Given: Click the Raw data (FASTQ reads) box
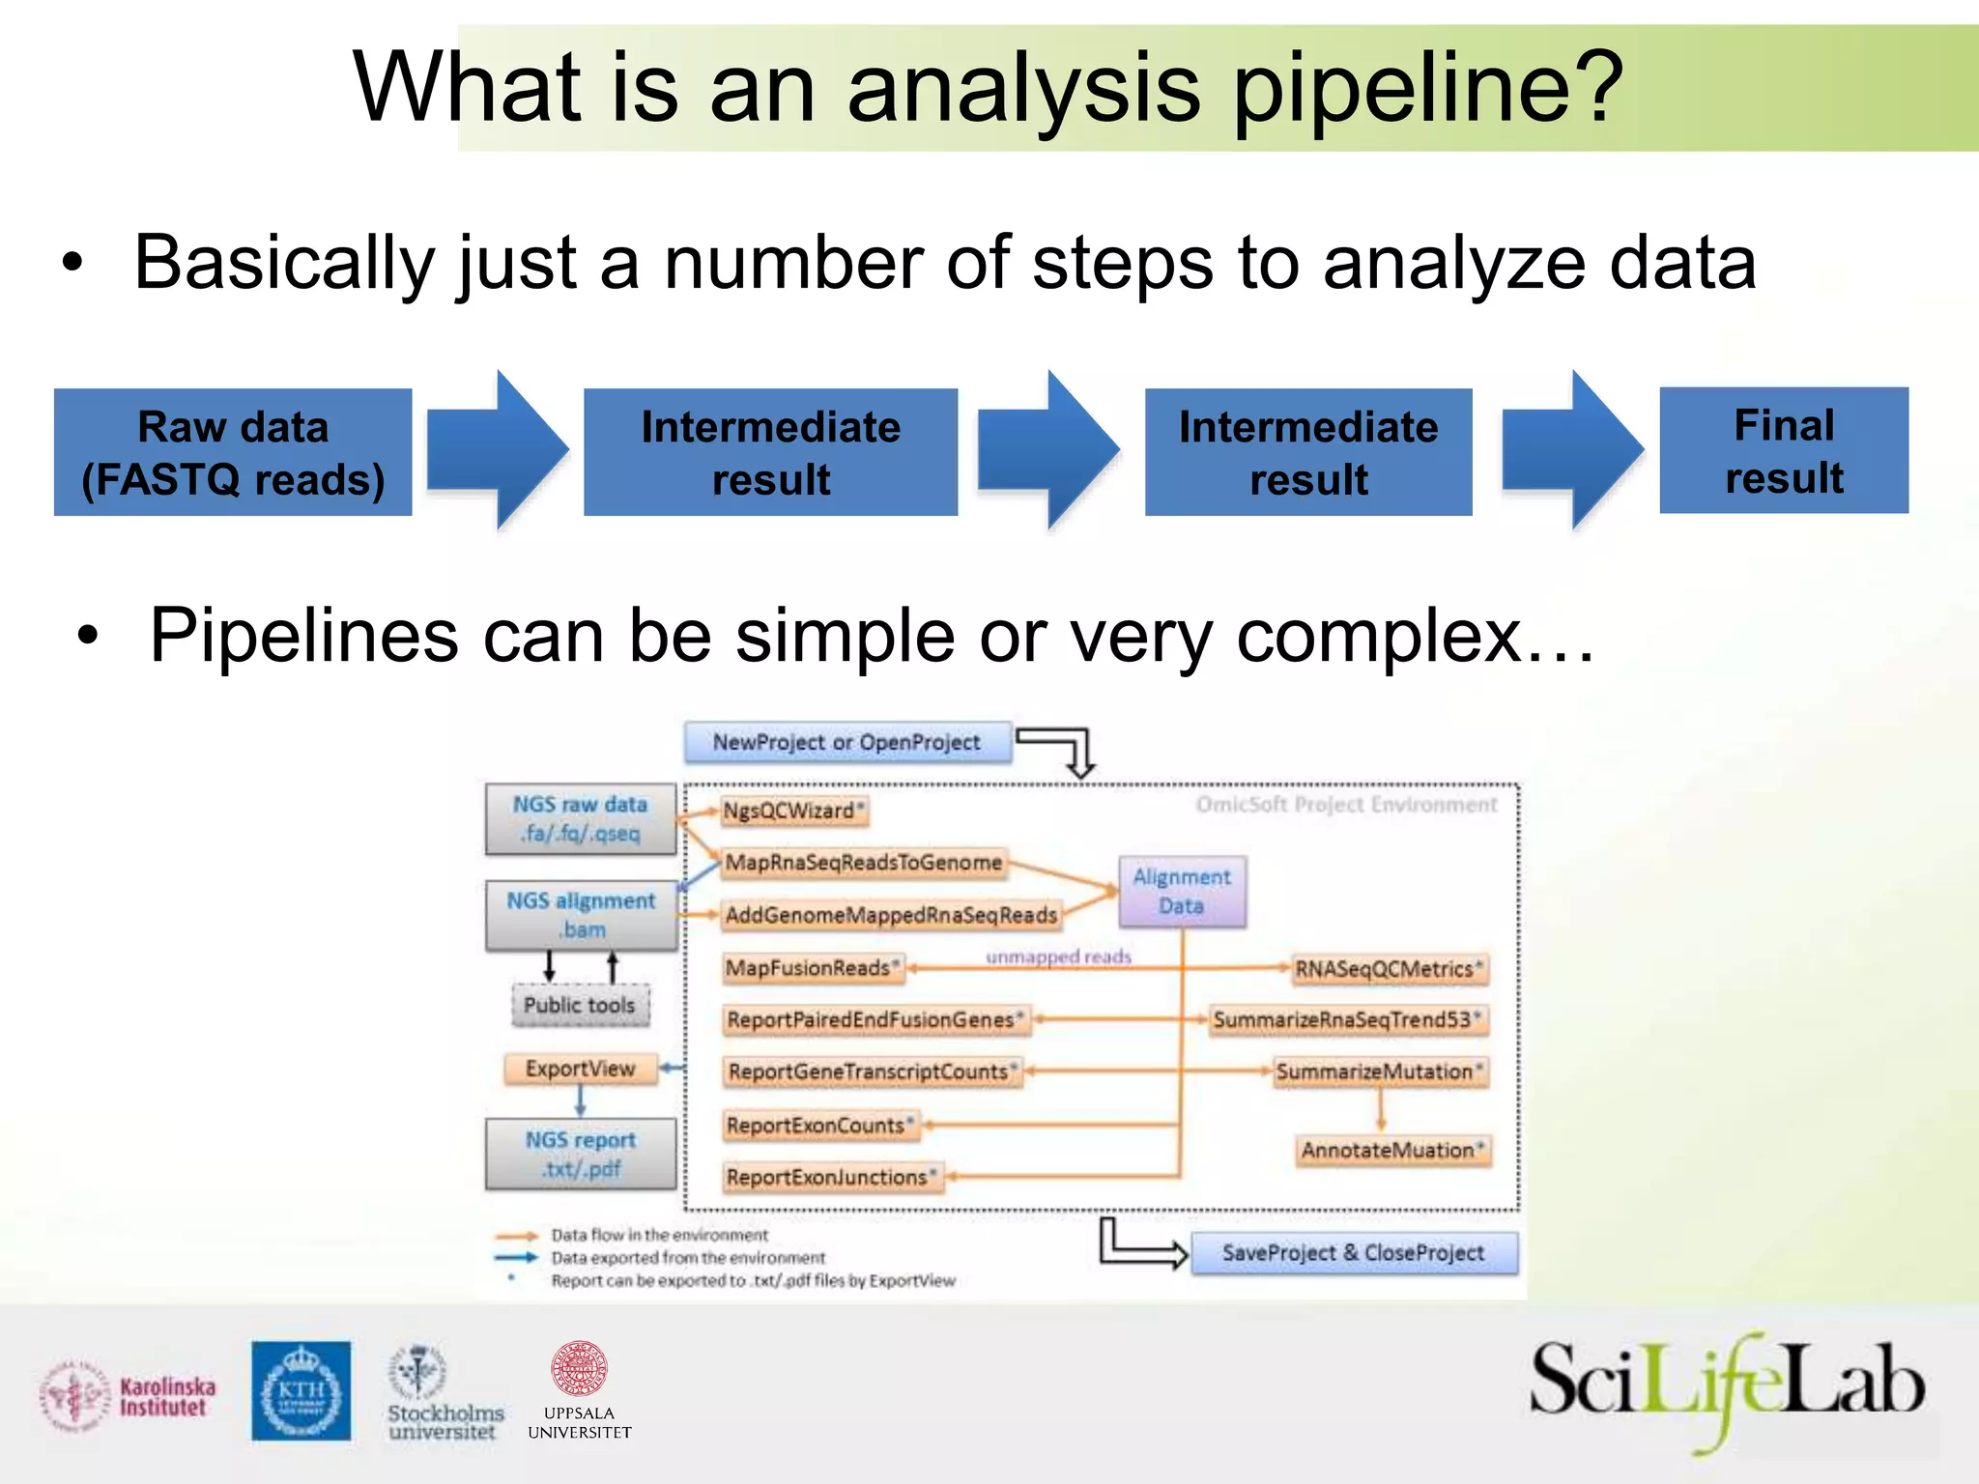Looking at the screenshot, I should [x=233, y=452].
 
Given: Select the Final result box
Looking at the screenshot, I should [x=1784, y=450].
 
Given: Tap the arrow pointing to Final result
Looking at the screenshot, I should [x=1572, y=450].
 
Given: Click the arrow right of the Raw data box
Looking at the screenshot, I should [x=497, y=450].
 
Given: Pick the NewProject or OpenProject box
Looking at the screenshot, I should [x=847, y=742].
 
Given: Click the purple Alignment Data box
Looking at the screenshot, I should [x=1182, y=892].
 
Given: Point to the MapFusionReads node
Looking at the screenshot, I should [x=813, y=968].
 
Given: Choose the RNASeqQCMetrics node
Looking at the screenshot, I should [x=1390, y=969].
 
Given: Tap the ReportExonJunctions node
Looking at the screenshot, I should [x=832, y=1177].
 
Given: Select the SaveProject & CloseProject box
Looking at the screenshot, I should [x=1353, y=1253].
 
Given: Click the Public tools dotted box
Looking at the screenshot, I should [x=580, y=1005].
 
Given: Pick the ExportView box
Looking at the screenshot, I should [x=580, y=1069].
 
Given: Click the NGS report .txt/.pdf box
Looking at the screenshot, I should [x=581, y=1154].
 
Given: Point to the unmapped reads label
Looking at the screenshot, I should [x=1058, y=956].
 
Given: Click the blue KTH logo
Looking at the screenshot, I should [x=301, y=1390].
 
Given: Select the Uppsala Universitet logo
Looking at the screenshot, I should [x=579, y=1391].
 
